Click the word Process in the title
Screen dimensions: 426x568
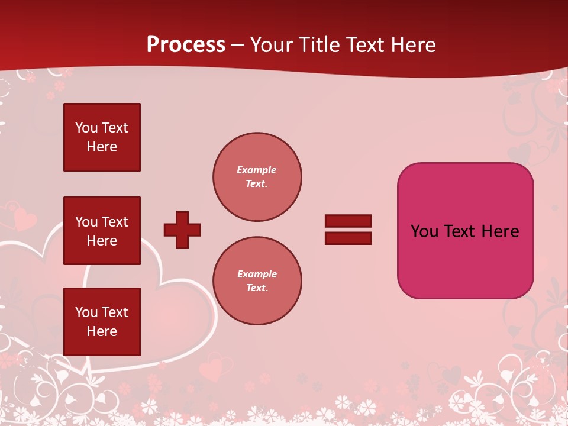coord(186,45)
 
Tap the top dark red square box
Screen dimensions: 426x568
coord(102,137)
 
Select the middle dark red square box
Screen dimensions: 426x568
coord(102,231)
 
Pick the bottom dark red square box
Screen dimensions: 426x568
coord(102,322)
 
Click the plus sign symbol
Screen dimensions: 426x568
coord(182,230)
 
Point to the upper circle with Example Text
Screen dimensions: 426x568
coord(257,177)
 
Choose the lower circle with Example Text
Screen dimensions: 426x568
coord(257,281)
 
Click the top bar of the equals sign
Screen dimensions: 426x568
coord(348,221)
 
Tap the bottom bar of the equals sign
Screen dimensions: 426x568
coord(348,238)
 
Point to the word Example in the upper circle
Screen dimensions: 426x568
coord(257,170)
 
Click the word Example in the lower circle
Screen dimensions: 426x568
coord(257,274)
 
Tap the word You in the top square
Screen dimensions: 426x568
coord(86,128)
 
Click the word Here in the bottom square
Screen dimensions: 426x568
coord(102,331)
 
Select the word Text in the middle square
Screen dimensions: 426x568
coord(115,222)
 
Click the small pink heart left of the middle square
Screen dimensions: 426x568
coord(24,220)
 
